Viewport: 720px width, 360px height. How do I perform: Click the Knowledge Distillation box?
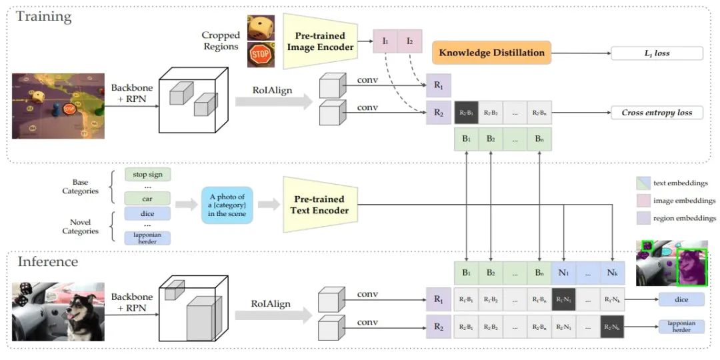click(x=491, y=53)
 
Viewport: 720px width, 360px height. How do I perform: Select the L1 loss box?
click(x=657, y=53)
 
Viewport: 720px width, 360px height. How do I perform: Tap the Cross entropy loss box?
click(x=657, y=113)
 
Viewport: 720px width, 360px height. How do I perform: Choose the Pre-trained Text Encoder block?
click(x=319, y=205)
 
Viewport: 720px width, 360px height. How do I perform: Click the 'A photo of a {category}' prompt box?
click(x=227, y=204)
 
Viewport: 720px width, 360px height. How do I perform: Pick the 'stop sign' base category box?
click(x=147, y=175)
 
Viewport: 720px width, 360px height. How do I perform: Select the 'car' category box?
click(x=147, y=198)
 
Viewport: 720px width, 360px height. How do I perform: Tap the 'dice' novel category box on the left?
click(x=147, y=213)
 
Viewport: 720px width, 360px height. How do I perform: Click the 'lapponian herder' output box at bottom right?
click(x=681, y=326)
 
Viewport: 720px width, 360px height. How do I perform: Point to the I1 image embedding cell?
click(x=385, y=41)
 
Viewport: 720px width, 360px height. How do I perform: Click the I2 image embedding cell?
click(x=409, y=41)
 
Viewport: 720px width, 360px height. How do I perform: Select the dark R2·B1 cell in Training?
click(x=466, y=113)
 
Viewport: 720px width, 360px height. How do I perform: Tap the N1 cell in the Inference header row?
click(x=564, y=273)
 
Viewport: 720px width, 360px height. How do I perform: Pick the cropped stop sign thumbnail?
click(x=260, y=54)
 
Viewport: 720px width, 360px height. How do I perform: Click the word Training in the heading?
click(x=43, y=17)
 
